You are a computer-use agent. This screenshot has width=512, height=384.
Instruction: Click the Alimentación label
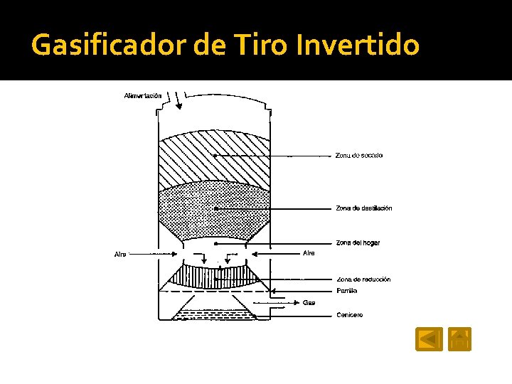coord(142,95)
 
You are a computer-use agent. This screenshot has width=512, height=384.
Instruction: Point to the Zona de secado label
coord(358,155)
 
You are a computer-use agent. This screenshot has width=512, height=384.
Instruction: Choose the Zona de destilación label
coord(363,208)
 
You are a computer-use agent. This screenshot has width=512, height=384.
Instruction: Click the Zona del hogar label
coord(358,242)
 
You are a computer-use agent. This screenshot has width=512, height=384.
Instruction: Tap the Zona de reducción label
coord(363,279)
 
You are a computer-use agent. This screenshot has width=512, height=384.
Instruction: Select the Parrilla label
coord(346,291)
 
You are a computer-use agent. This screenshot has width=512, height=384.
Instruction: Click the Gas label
coord(309,302)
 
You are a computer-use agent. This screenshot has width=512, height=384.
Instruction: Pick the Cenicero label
coord(349,314)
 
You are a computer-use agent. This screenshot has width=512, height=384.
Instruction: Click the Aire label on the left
coord(120,254)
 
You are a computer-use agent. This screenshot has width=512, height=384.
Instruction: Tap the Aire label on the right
coord(309,252)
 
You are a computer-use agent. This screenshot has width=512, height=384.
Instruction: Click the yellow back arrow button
coord(429,338)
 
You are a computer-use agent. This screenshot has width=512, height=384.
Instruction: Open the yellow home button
coord(460,338)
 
